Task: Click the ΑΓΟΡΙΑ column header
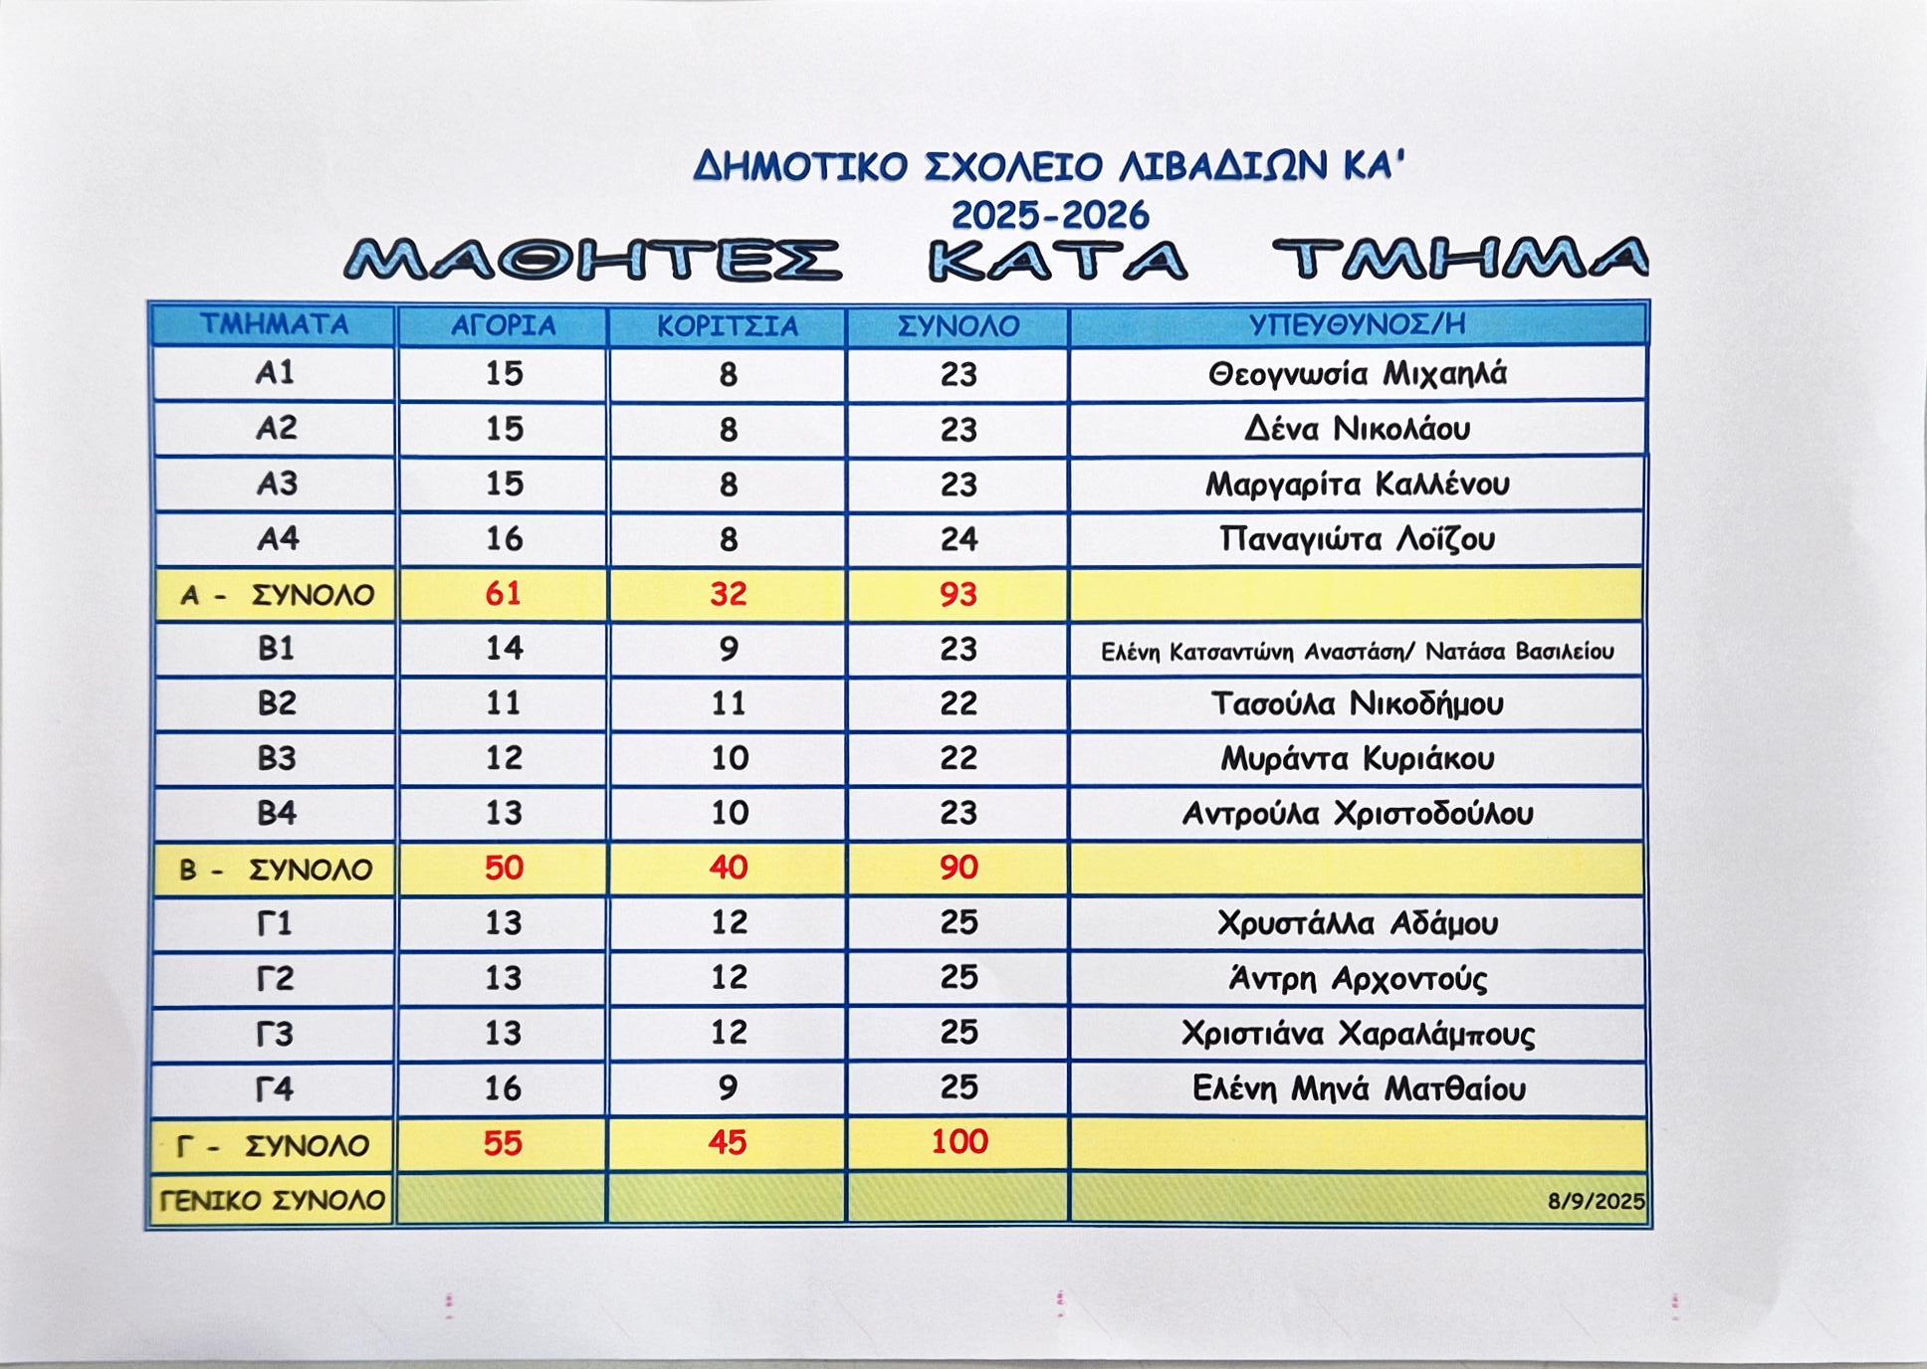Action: click(503, 326)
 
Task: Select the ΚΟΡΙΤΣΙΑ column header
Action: click(728, 326)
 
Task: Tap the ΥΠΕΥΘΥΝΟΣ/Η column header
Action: click(1357, 324)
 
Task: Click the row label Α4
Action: click(278, 538)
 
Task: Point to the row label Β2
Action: click(277, 703)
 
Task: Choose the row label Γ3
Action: click(275, 1034)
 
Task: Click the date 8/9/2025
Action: click(1596, 1201)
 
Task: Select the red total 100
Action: click(959, 1141)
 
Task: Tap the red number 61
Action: click(503, 593)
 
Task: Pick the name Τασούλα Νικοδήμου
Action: click(1357, 703)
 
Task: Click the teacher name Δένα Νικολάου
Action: click(1357, 429)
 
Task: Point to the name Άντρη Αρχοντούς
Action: click(1358, 979)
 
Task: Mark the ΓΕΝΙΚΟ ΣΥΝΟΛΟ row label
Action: click(273, 1201)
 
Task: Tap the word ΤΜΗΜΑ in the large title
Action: click(1459, 261)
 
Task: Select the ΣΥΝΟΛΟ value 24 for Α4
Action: click(959, 539)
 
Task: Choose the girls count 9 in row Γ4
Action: click(728, 1087)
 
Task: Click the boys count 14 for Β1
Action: click(503, 649)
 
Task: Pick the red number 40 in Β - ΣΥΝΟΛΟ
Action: click(728, 868)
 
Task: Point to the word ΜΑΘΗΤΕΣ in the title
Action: click(592, 261)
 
